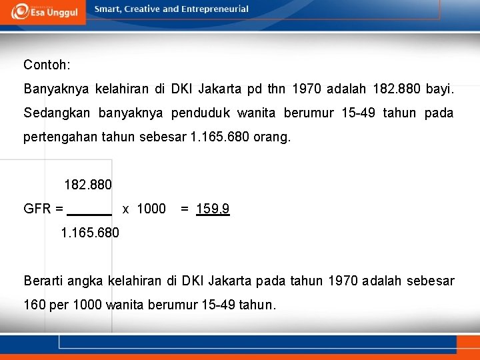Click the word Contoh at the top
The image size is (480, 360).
45,65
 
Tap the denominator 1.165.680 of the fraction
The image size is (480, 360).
90,233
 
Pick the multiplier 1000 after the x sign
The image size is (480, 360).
151,209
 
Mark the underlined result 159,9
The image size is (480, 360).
213,209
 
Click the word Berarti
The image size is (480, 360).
45,281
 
